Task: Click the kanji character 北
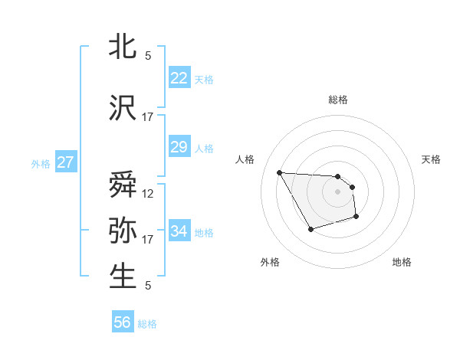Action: [x=123, y=47]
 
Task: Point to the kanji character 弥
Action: [x=123, y=231]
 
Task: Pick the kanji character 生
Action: [x=123, y=277]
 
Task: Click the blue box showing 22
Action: [x=179, y=78]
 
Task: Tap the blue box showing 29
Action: [x=179, y=147]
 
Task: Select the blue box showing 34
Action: [x=179, y=231]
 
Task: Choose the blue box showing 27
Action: [x=66, y=162]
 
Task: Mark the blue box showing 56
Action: [x=123, y=322]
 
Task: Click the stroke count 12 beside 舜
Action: [x=147, y=193]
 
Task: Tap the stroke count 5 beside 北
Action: [x=147, y=55]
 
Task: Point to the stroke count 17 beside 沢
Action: [x=147, y=117]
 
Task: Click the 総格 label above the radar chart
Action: [x=337, y=100]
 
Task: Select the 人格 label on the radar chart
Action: [x=245, y=159]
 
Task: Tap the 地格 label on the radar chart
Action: [x=402, y=262]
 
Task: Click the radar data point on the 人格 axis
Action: [x=279, y=172]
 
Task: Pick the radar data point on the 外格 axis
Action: [x=310, y=229]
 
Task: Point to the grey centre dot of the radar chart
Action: [x=337, y=191]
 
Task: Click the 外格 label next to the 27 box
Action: [x=40, y=163]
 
